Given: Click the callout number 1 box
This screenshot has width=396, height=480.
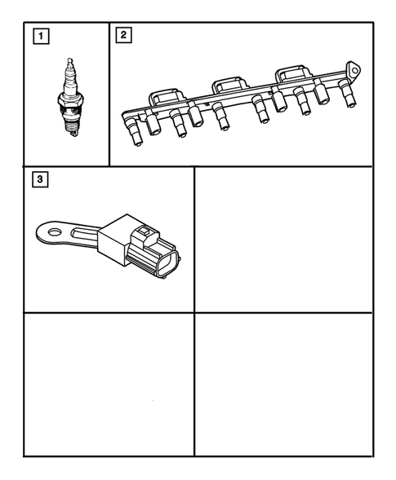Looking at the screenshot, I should coord(38,35).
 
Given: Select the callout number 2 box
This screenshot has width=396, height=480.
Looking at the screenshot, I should coord(122,35).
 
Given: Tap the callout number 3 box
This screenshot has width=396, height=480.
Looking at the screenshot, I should coord(38,178).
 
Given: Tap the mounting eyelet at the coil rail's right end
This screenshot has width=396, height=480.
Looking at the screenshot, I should coord(352,68).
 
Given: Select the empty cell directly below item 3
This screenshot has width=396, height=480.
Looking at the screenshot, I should coord(109,383).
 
